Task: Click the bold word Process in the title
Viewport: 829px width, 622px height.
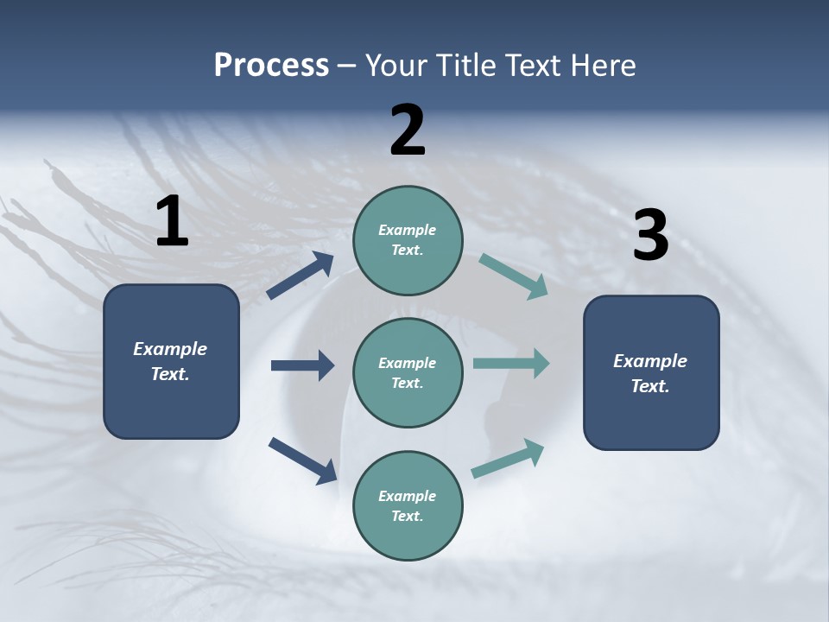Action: (271, 66)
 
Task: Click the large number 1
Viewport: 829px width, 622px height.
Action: (172, 221)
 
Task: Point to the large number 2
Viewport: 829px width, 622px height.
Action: (408, 130)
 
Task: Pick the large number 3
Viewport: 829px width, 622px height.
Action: (650, 235)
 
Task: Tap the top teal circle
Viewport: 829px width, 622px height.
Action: (408, 240)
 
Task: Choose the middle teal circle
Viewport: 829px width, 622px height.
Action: (408, 373)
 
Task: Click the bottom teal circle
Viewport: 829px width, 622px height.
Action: (408, 505)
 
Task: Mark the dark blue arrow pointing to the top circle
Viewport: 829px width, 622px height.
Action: (301, 276)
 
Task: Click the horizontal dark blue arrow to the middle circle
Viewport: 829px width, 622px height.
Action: (302, 365)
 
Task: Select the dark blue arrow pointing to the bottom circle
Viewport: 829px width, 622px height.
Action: (302, 460)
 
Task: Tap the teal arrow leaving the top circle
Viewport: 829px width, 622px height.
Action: (513, 276)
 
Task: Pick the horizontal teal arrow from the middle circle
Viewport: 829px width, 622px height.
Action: (510, 364)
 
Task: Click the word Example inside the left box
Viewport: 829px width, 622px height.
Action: (170, 349)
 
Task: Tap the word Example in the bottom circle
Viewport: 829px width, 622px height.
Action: (407, 496)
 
